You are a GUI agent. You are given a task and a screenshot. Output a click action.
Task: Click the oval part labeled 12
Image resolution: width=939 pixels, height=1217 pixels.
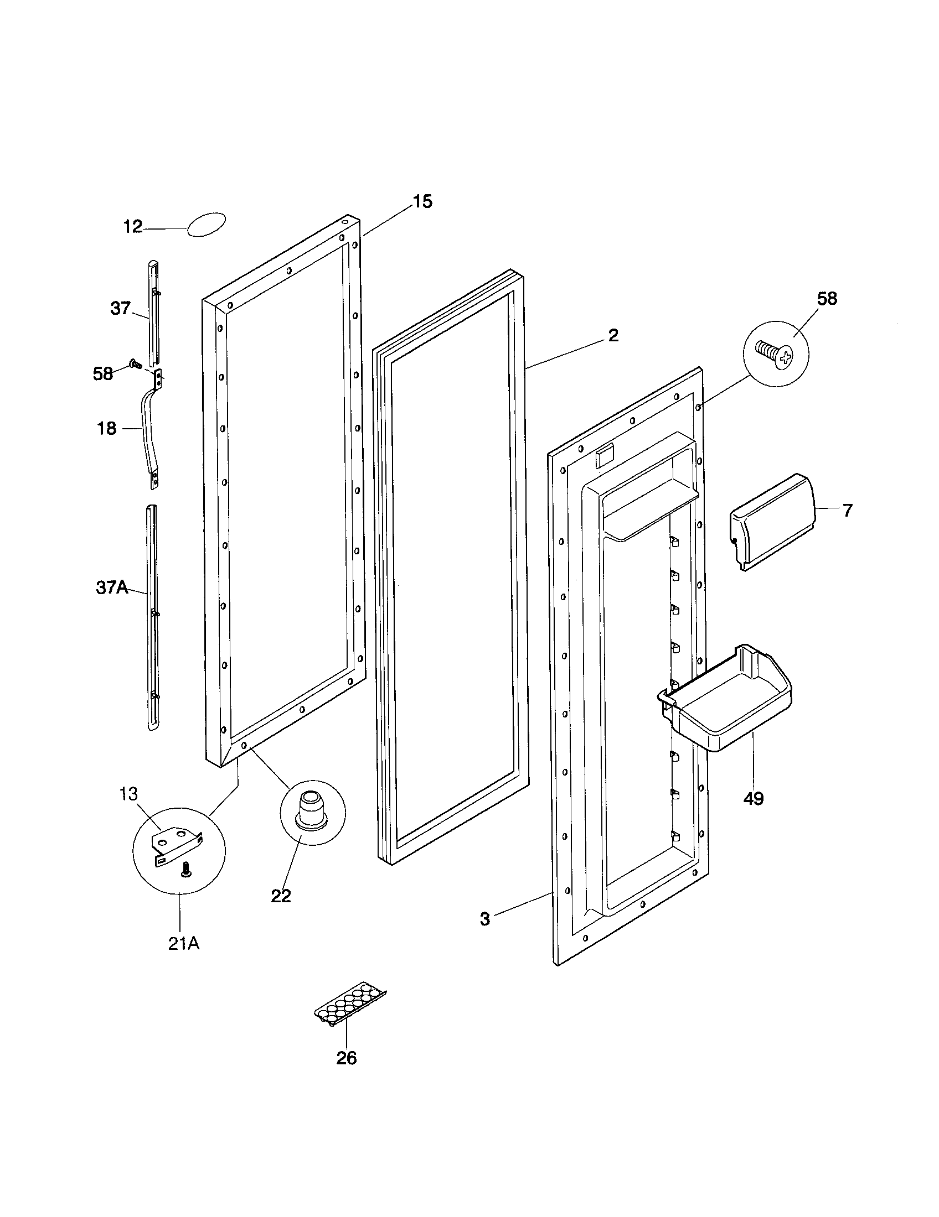click(x=207, y=224)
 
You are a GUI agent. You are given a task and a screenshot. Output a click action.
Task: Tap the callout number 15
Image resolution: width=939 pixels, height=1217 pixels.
click(x=422, y=202)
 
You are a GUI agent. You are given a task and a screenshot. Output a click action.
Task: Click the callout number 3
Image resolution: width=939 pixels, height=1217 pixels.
click(x=485, y=919)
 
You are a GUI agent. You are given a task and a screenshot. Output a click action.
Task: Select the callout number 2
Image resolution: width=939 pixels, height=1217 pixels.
click(x=613, y=335)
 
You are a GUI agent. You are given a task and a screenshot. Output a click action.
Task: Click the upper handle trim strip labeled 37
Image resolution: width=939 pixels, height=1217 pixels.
click(x=153, y=312)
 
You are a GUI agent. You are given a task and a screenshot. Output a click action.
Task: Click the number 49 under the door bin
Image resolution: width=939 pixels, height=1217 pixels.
click(x=754, y=798)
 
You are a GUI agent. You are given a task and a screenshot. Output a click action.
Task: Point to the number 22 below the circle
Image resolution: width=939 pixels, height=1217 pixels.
click(x=281, y=896)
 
